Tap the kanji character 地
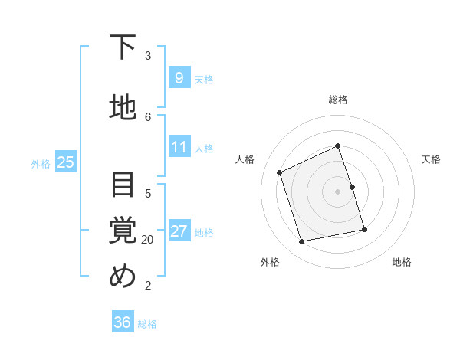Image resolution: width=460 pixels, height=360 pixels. coord(123,108)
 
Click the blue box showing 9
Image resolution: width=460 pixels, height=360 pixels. coord(179,78)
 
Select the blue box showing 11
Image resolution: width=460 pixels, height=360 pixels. coord(179,147)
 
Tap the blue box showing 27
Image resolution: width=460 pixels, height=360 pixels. coord(179,231)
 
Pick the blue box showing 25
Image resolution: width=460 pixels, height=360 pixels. coord(65,162)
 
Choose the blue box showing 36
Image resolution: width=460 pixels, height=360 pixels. coord(123,322)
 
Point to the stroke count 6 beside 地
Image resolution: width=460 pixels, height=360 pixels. coord(148,116)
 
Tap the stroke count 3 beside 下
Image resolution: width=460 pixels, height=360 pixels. coord(148,55)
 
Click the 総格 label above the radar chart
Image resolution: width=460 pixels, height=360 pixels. coord(338,100)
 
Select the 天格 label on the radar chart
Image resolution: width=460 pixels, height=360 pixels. coord(431,159)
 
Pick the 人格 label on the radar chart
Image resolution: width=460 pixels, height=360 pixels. coord(245,159)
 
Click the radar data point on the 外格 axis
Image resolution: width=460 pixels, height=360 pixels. coord(302,242)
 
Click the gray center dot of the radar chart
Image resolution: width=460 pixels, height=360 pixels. coord(338,191)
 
